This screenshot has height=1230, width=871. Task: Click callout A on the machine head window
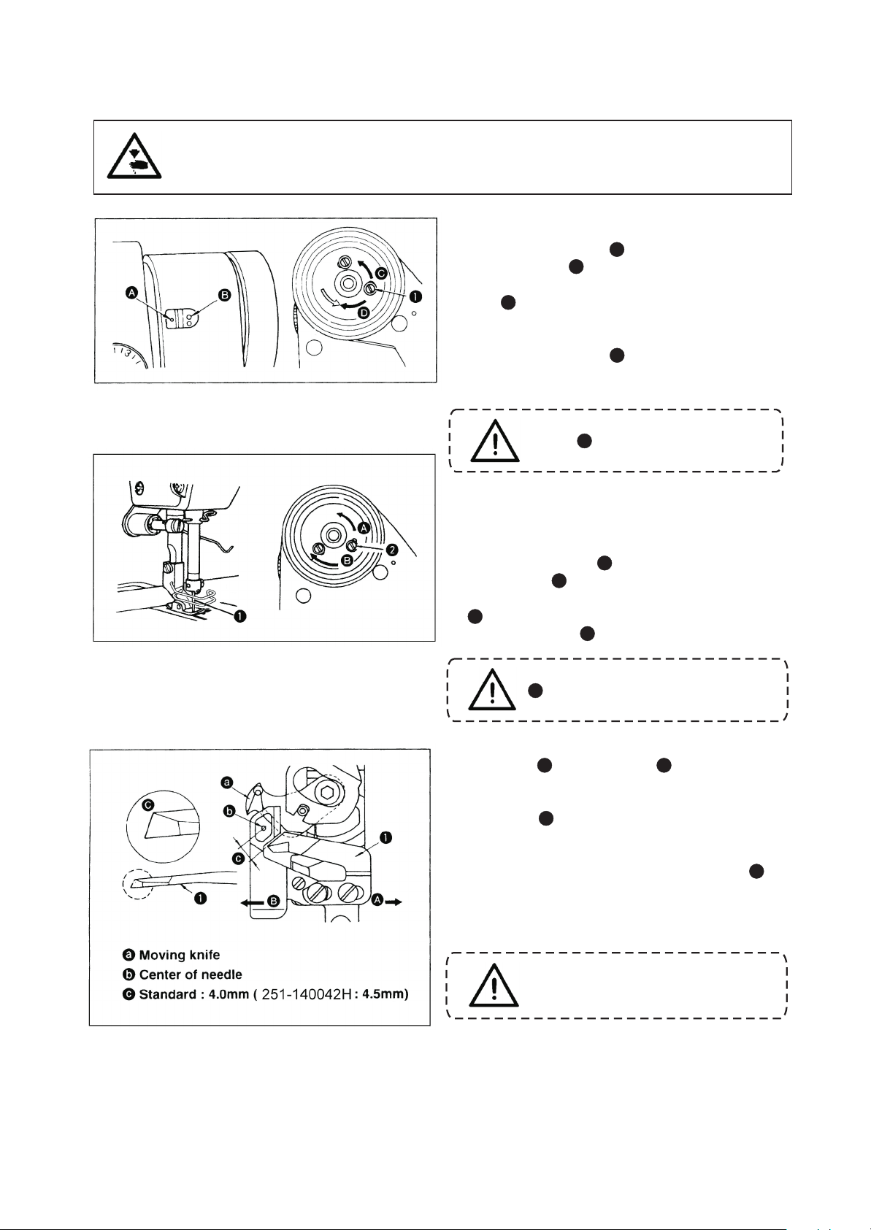pyautogui.click(x=132, y=293)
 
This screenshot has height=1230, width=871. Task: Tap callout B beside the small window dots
pyautogui.click(x=225, y=295)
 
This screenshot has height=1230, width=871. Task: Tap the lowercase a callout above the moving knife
pyautogui.click(x=227, y=783)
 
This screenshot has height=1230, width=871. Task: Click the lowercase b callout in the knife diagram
pyautogui.click(x=229, y=811)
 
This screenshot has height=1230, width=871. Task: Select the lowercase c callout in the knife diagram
pyautogui.click(x=238, y=859)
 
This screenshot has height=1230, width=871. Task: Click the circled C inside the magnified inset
pyautogui.click(x=148, y=805)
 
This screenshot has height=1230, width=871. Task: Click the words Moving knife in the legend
pyautogui.click(x=179, y=955)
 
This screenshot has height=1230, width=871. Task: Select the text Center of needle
pyautogui.click(x=191, y=975)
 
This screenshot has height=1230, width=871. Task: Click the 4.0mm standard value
pyautogui.click(x=222, y=995)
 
